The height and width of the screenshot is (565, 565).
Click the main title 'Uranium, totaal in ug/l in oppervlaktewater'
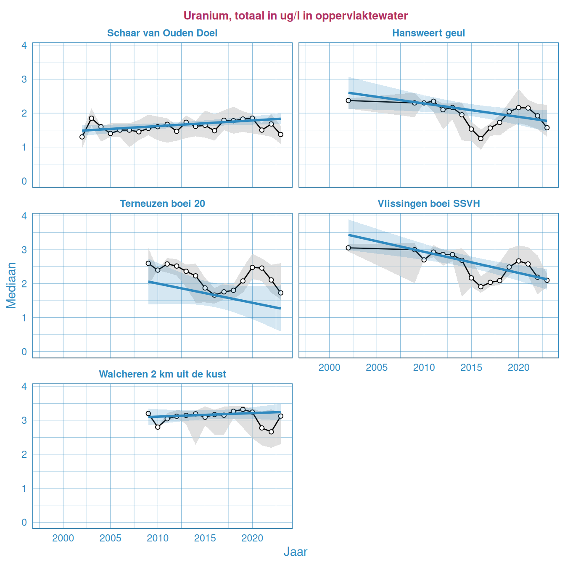296,16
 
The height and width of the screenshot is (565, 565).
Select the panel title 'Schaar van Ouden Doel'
162,33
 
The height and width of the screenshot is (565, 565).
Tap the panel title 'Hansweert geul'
428,33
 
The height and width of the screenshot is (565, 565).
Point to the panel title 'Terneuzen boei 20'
162,204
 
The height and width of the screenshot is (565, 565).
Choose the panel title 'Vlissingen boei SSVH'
428,204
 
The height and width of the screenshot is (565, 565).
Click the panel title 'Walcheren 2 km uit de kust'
162,375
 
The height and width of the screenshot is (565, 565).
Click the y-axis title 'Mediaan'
11,285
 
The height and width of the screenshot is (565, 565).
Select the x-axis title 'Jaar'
295,552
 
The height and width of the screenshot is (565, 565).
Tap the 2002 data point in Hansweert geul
348,100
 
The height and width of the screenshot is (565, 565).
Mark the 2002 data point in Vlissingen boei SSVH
348,248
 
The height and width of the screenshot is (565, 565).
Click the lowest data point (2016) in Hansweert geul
481,139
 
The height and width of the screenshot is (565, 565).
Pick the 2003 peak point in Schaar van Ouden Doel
91,118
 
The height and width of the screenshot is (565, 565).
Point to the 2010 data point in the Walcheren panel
158,427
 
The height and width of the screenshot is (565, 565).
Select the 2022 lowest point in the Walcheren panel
271,432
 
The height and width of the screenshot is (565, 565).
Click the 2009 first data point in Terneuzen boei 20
148,263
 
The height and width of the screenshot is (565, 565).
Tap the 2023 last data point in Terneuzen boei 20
281,293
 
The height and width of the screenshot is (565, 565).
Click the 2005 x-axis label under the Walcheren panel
110,538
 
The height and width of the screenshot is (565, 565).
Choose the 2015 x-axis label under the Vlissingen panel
471,368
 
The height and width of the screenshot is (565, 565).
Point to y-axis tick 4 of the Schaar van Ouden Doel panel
24,45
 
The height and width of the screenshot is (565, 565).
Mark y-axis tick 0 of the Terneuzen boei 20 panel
24,352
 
